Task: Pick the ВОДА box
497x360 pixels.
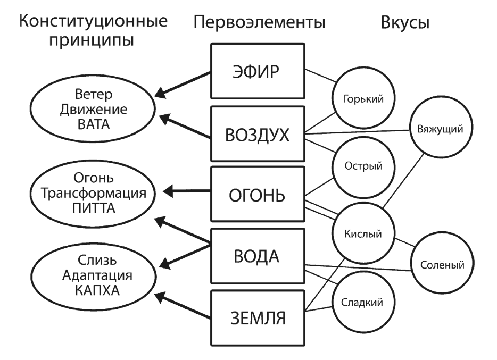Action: click(257, 257)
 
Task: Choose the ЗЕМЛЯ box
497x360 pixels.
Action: click(257, 319)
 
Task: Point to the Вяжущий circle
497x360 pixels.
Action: click(437, 128)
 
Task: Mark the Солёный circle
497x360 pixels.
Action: click(437, 263)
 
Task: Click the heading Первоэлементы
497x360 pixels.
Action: click(260, 22)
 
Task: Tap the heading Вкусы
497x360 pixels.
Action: click(405, 22)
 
